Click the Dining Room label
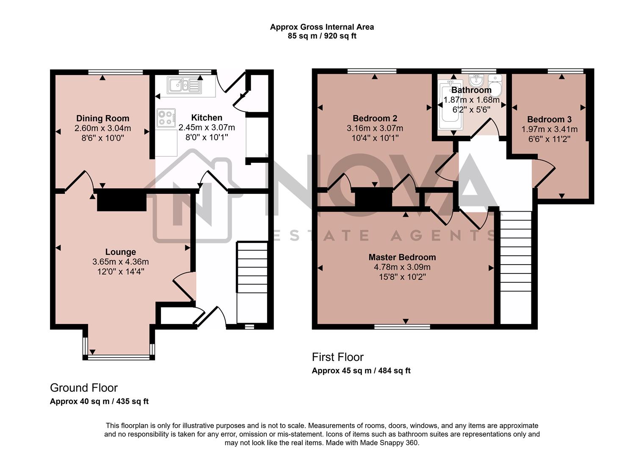pos(102,118)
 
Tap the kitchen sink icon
pos(185,85)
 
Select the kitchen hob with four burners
pos(166,118)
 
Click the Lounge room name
pos(120,252)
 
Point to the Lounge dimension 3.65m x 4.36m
pos(120,262)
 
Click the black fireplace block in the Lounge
pos(122,201)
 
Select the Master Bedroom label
pos(402,257)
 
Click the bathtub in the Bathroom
pos(447,106)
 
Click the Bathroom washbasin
pos(477,80)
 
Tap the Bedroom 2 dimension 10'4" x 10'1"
pos(375,138)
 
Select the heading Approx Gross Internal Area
pos(322,27)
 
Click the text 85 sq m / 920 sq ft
pos(322,36)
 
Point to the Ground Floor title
pos(84,388)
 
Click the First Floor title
pos(337,357)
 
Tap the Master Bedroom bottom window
pos(402,327)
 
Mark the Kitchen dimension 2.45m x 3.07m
pos(207,128)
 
